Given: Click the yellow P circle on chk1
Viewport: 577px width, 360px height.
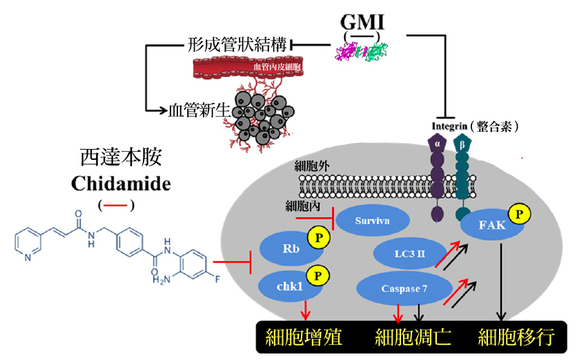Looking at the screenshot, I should click(x=317, y=274).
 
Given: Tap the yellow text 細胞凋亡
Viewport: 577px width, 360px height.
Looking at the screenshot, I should click(x=413, y=338).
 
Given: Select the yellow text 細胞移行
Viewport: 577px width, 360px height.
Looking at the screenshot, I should click(x=516, y=338).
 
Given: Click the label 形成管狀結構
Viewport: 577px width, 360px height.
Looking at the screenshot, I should click(x=238, y=45).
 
